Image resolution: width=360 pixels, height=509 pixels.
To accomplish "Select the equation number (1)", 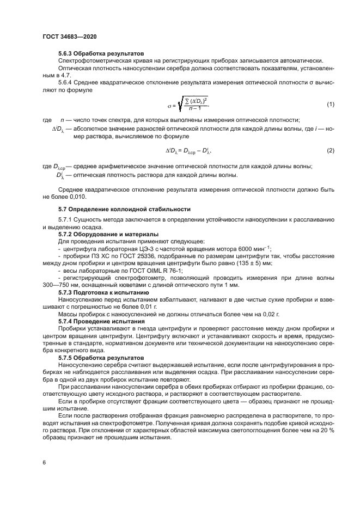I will [330, 103].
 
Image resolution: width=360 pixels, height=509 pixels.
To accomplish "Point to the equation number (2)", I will [330, 150].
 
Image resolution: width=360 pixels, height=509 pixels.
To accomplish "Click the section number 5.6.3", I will [66, 54].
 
